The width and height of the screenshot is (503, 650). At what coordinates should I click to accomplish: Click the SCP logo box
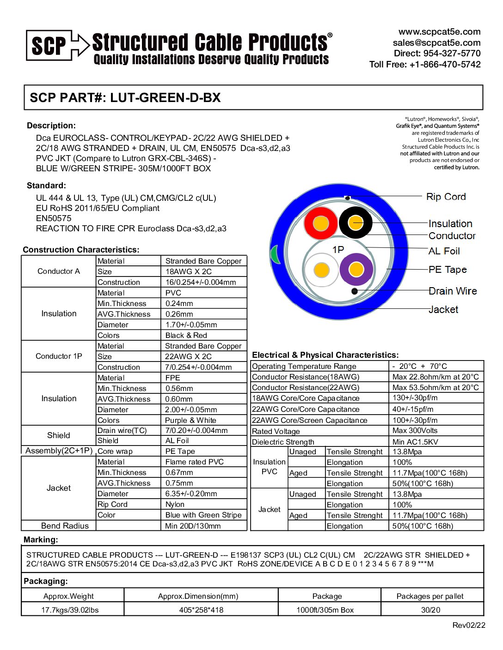point(49,45)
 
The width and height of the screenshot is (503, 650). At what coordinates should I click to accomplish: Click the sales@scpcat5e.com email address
point(436,42)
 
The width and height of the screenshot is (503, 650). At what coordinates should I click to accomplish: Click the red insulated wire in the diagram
point(320,223)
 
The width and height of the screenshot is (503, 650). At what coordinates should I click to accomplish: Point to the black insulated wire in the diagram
point(356,223)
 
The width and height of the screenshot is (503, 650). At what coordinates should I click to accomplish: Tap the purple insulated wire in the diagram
point(356,269)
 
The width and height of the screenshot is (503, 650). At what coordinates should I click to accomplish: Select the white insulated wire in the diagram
point(321,270)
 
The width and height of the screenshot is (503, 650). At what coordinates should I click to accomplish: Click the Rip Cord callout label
point(446,197)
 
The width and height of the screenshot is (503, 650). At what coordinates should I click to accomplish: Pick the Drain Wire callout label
point(452,291)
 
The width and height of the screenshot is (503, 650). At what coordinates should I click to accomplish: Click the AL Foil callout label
point(444,251)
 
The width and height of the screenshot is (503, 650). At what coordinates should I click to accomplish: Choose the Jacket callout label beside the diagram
point(443,309)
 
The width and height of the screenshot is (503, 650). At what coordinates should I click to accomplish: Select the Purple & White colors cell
point(190,420)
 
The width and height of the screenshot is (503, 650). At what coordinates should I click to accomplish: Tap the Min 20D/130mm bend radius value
point(193,526)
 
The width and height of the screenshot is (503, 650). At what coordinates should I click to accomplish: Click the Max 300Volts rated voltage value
point(415,430)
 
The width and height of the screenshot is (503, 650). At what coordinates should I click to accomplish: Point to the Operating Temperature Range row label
point(304,366)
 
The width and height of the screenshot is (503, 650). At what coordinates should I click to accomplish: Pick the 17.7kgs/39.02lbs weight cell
point(70,610)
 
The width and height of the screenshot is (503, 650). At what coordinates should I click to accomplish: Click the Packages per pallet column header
point(430,596)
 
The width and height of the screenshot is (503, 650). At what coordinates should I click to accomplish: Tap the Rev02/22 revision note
point(468,625)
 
